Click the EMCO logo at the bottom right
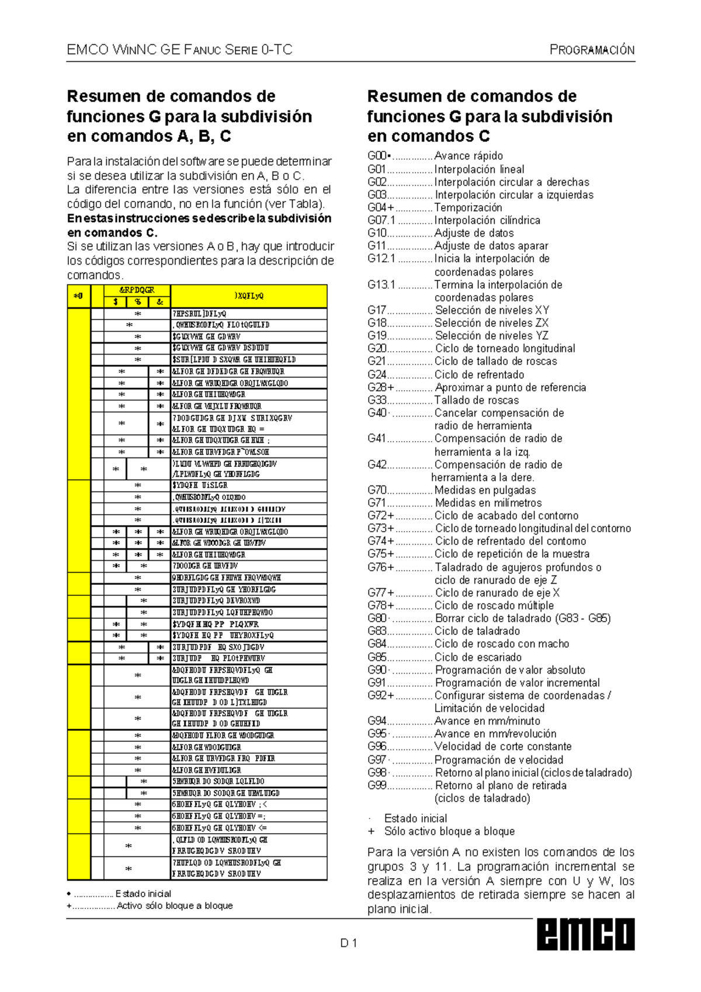585,935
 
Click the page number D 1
349,942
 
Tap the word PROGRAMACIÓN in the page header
592,50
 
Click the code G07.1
381,220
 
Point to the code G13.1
381,285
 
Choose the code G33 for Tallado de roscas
377,400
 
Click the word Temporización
468,207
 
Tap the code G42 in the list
377,464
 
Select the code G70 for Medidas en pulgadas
377,490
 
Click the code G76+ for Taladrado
381,567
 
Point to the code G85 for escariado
377,657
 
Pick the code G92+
381,695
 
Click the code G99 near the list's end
377,785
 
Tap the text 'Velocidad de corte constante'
503,747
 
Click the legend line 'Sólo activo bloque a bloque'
449,831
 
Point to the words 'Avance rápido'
469,156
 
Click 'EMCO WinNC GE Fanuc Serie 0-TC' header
179,50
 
